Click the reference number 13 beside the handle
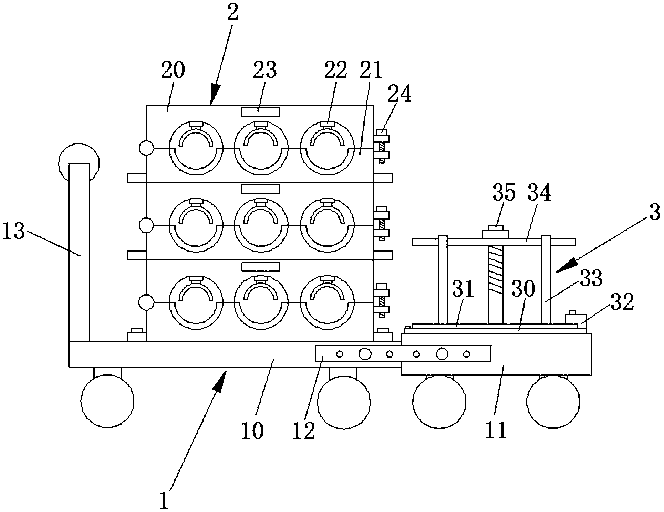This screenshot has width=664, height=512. coord(14,232)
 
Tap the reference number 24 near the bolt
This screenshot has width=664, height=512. coord(400,94)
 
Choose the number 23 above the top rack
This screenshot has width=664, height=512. coord(265,70)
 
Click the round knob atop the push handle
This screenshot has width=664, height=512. coord(79,162)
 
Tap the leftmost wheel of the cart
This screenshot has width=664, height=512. coord(107,401)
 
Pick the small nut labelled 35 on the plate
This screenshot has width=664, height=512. coord(496,232)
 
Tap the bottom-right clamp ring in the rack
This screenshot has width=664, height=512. coord(327,302)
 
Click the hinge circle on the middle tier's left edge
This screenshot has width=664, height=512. coord(146,225)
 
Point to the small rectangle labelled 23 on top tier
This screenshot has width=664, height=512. coord(261,112)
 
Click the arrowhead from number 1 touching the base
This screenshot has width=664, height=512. coord(221,380)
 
